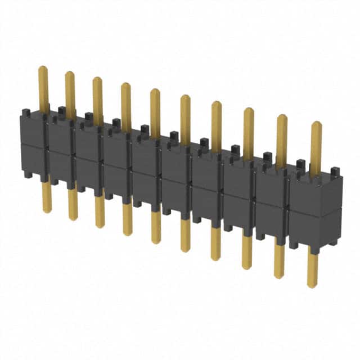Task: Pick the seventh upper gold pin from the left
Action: pos(217,124)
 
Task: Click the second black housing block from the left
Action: pos(61,149)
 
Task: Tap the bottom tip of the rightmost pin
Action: pos(312,285)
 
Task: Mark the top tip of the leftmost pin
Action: pos(43,68)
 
